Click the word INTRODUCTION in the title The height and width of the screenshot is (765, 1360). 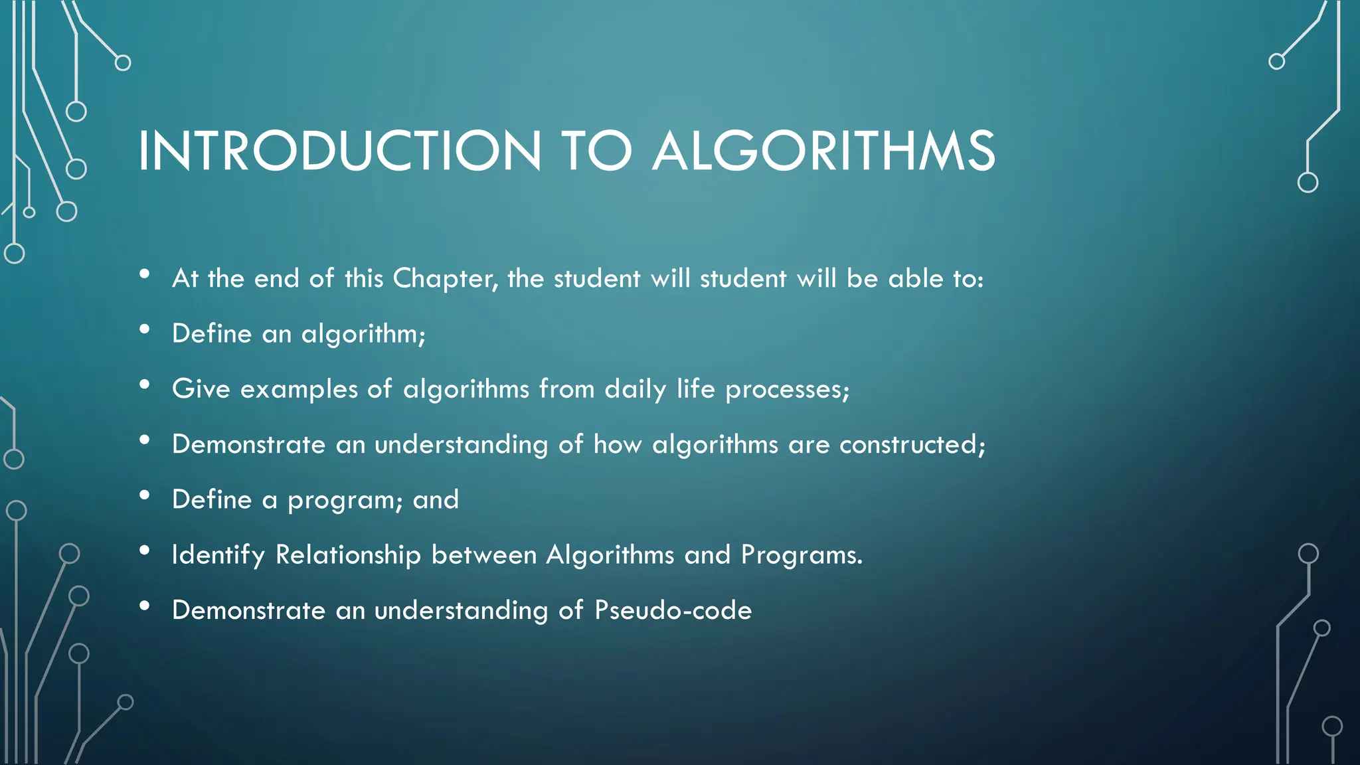339,151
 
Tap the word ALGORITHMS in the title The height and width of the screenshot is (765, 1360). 823,151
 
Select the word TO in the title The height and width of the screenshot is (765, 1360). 596,151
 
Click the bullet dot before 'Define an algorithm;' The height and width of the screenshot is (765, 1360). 145,329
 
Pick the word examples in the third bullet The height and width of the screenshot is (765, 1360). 299,389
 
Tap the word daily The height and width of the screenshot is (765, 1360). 635,389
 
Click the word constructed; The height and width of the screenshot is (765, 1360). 912,444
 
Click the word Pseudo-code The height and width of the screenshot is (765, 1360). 673,610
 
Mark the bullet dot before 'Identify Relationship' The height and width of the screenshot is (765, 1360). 145,551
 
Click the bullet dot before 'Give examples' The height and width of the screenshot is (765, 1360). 145,384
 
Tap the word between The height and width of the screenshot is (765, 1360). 483,555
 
